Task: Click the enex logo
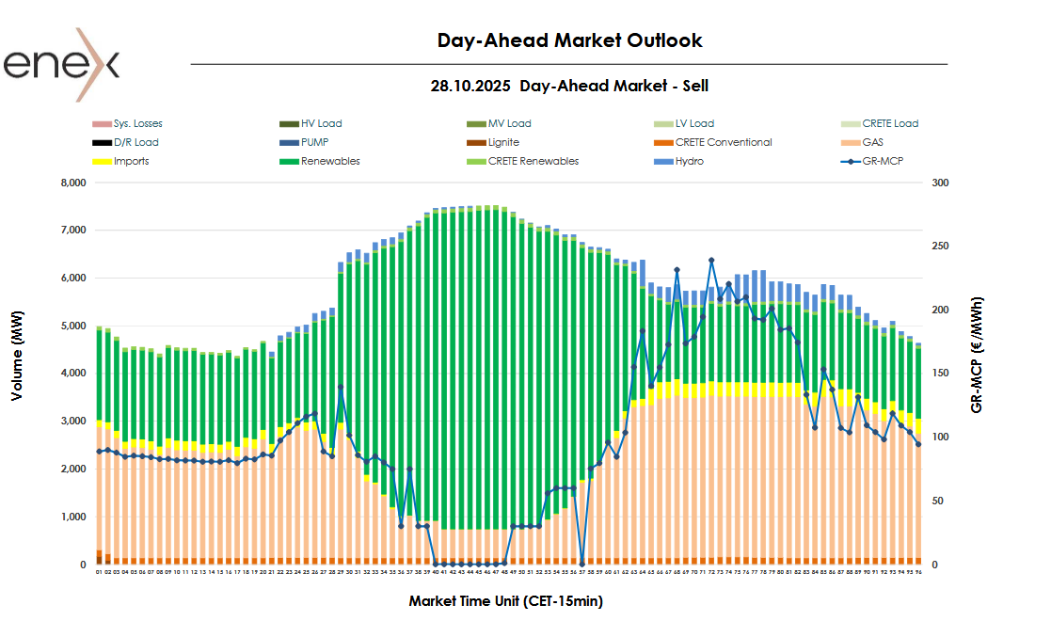[x=62, y=64]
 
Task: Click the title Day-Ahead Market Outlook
[x=569, y=40]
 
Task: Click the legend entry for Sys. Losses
[x=137, y=123]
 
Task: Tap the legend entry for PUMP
[x=314, y=142]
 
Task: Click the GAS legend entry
[x=876, y=142]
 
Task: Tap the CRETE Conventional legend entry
[x=724, y=142]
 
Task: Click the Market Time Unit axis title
[x=505, y=600]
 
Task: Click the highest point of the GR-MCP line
[x=711, y=260]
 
